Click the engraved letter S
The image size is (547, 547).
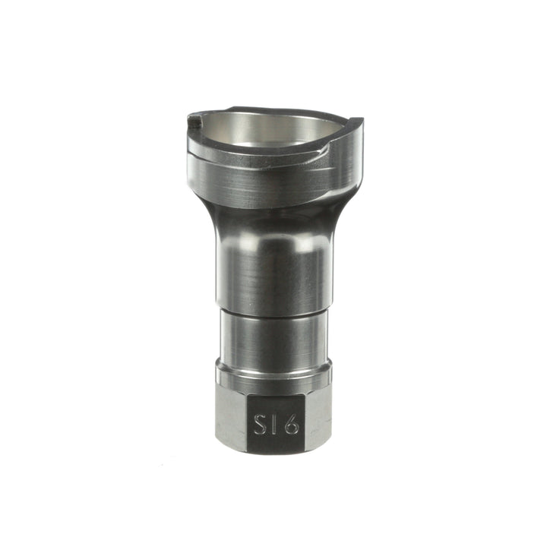(259, 424)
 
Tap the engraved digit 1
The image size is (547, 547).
(274, 424)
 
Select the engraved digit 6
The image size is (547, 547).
(290, 424)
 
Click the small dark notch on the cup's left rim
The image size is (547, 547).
(195, 119)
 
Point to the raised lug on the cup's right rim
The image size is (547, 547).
(355, 123)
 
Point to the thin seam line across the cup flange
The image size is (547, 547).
(251, 157)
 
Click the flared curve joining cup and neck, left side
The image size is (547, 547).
(207, 213)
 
